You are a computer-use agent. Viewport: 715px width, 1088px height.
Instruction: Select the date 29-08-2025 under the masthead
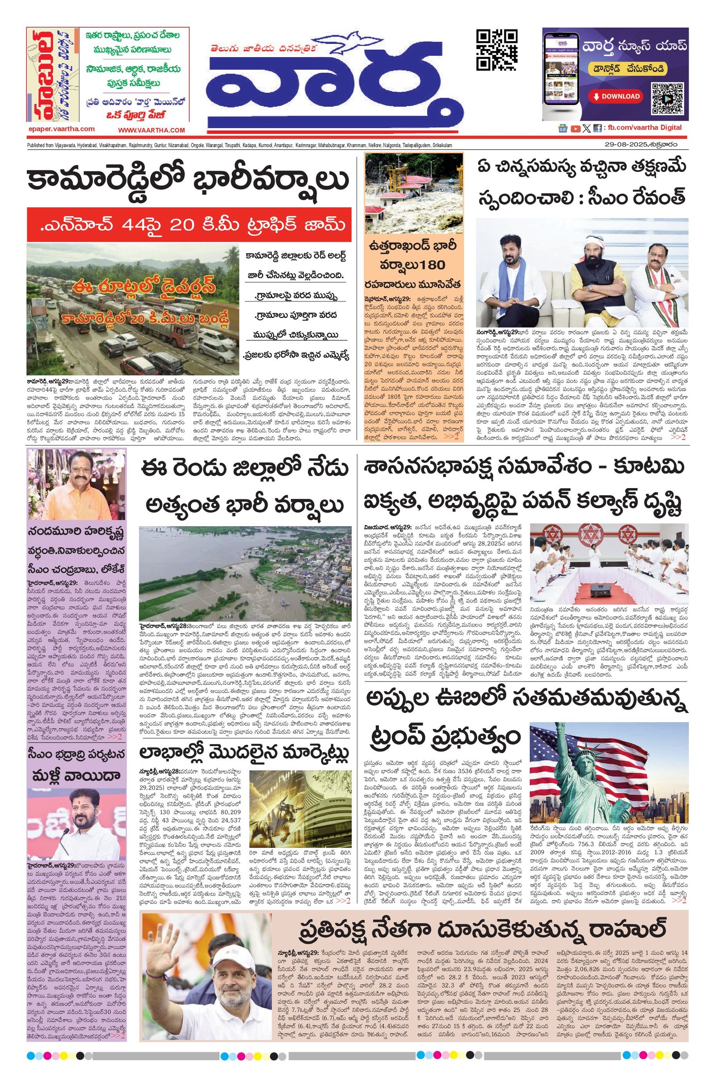tap(625, 145)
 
